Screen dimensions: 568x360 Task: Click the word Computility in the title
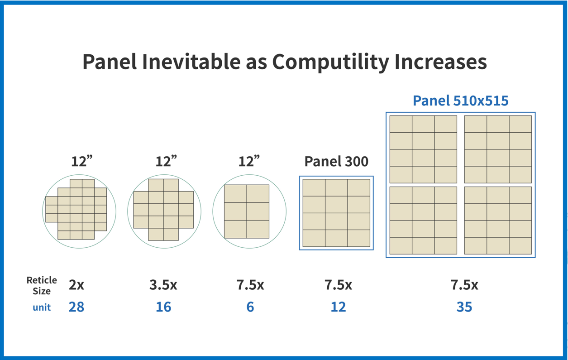(330, 62)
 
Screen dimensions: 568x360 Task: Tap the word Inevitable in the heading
(191, 62)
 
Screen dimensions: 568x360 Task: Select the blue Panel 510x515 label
(460, 101)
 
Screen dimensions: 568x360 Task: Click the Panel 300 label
(336, 161)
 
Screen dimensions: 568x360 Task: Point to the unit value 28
(76, 307)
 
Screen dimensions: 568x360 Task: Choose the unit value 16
(163, 307)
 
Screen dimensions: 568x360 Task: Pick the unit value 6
(250, 307)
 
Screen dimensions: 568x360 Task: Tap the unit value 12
(338, 307)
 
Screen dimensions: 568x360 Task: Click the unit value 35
(464, 307)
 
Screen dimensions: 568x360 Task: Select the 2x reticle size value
(76, 285)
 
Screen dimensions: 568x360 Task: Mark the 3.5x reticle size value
(163, 285)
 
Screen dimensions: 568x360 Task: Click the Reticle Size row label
(42, 286)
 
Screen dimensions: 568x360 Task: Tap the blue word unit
(42, 307)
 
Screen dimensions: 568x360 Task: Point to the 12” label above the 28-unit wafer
(82, 161)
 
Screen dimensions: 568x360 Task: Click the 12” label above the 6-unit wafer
(249, 161)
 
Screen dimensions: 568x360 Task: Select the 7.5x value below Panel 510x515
(464, 285)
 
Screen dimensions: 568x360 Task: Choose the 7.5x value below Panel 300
(338, 285)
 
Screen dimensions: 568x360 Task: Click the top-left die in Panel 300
(314, 188)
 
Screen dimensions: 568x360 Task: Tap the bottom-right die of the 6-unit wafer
(258, 229)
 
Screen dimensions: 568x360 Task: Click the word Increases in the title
(441, 62)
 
